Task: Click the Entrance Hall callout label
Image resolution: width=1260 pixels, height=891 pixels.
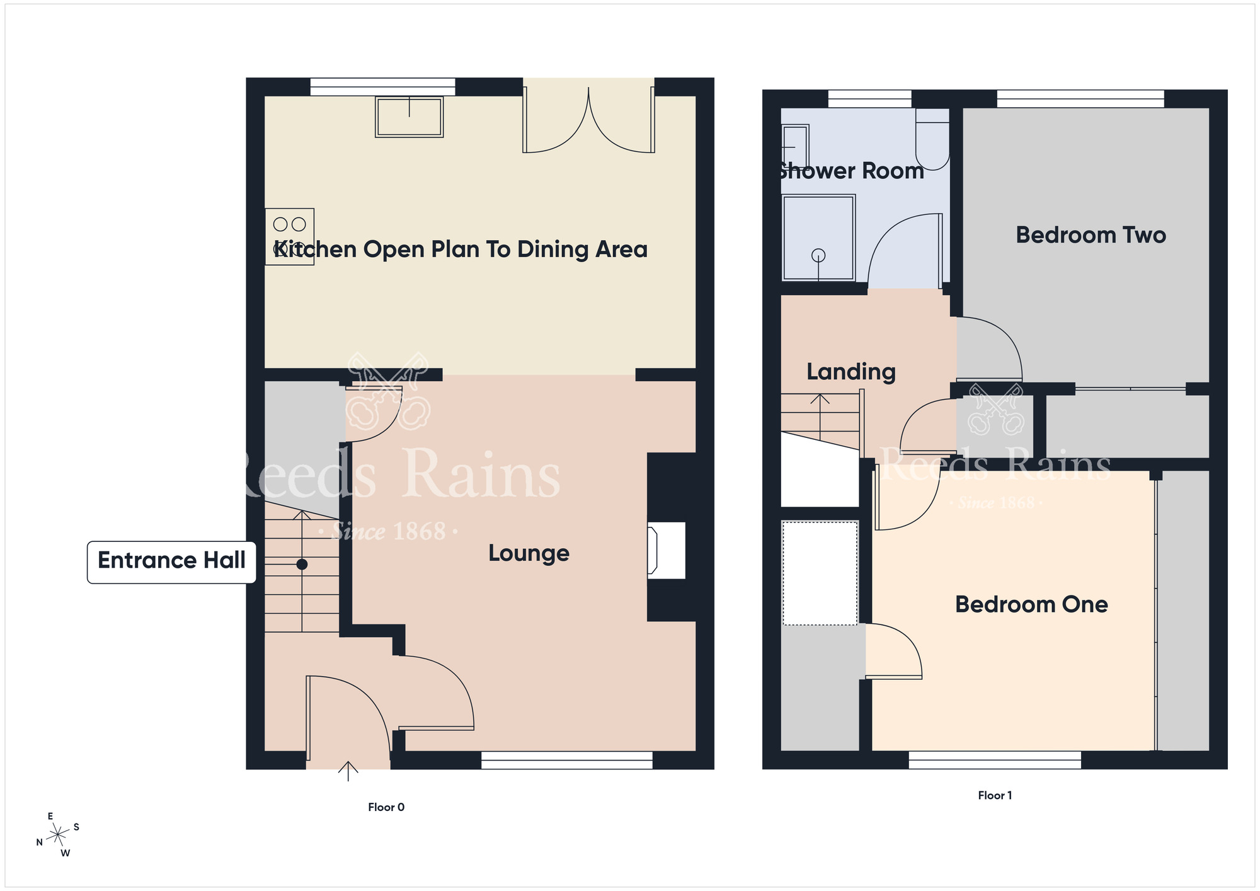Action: [171, 561]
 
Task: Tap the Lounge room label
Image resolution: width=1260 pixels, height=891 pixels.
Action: [529, 553]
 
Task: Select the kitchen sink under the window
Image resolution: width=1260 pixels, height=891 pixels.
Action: [409, 117]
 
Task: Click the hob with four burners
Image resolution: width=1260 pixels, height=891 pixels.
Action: [289, 236]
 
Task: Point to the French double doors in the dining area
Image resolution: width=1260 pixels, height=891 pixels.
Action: [588, 120]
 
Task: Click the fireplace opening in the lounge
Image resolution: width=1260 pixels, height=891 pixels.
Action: [667, 550]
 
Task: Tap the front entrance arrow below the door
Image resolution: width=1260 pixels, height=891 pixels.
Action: [348, 771]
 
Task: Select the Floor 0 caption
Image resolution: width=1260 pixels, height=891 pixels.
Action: [386, 807]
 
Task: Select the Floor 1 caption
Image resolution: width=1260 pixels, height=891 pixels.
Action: [995, 795]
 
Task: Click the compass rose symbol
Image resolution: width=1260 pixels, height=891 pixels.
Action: [58, 835]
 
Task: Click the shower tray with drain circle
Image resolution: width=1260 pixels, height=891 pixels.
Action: [818, 238]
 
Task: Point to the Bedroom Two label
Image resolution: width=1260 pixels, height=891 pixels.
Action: [1091, 235]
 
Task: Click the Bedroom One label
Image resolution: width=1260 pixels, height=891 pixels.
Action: [1031, 604]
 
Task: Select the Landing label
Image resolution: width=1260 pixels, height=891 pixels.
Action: [850, 372]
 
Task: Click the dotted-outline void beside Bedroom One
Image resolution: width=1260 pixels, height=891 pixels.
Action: [820, 573]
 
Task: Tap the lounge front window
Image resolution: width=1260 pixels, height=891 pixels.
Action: [566, 760]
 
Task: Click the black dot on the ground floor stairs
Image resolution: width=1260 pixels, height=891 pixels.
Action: [302, 564]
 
